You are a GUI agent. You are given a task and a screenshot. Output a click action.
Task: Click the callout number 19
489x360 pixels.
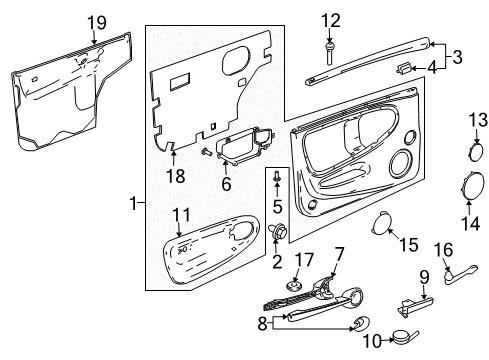96,22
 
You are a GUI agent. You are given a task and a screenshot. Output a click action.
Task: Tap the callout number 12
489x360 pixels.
329,19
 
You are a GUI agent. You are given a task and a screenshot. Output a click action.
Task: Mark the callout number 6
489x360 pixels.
226,184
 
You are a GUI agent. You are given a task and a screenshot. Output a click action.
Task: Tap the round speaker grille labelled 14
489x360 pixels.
469,188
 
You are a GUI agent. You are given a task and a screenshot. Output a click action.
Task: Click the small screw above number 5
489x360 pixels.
279,177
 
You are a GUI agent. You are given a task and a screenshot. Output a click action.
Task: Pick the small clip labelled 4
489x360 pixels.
401,68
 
